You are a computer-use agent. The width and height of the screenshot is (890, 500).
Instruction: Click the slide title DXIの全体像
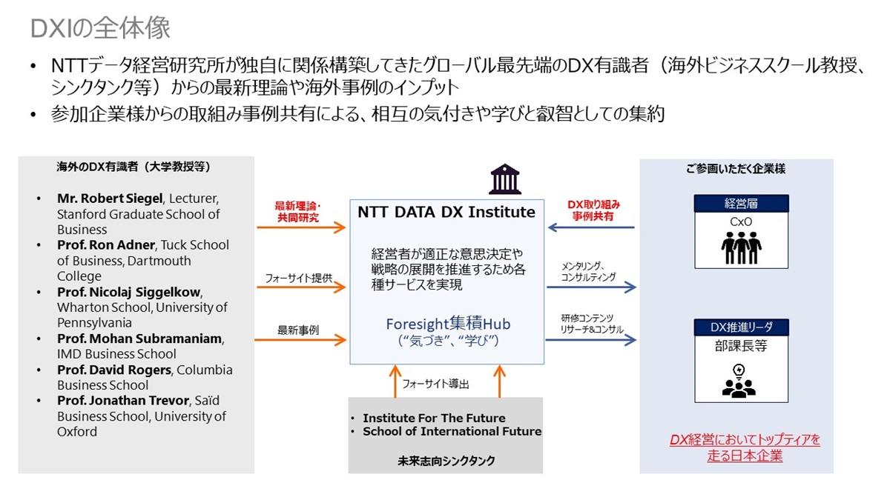tap(101, 28)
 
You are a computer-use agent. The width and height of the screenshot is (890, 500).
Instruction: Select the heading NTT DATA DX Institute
tap(446, 213)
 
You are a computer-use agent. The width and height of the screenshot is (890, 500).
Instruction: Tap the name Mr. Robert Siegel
tap(111, 199)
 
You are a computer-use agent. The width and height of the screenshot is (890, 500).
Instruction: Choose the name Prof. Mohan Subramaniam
tap(139, 339)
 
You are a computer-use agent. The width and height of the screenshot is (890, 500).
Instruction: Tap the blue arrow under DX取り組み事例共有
tap(590, 227)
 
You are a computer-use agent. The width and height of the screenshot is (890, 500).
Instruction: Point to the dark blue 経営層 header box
tap(741, 204)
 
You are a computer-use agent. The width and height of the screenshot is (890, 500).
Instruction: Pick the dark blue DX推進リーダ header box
tap(741, 327)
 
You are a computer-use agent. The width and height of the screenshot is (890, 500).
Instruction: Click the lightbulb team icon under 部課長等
tap(741, 380)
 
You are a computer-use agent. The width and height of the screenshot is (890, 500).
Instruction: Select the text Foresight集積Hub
tap(448, 324)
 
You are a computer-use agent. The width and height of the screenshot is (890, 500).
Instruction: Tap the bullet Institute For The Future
tap(434, 418)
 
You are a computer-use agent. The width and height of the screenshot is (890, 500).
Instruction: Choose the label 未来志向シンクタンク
tap(446, 461)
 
